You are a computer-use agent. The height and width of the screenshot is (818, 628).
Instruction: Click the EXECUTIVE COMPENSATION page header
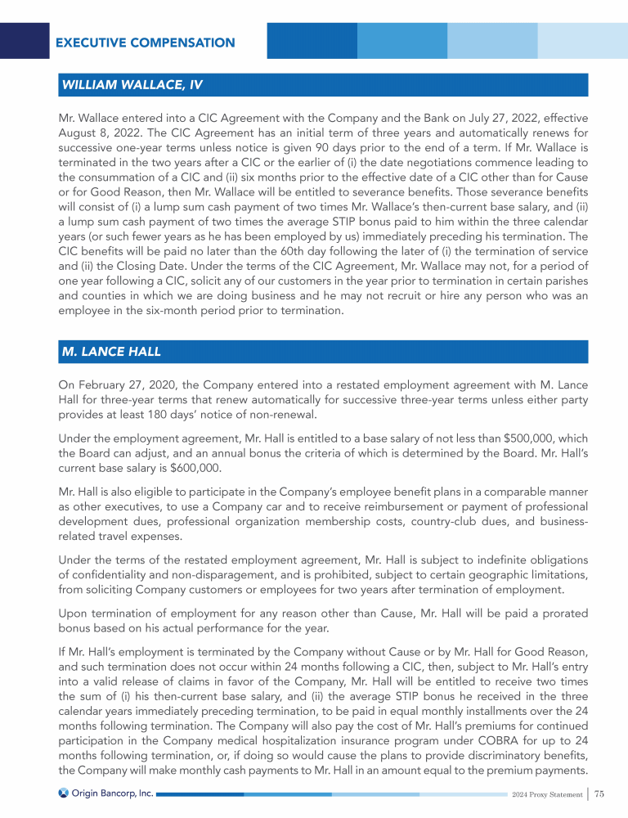point(145,43)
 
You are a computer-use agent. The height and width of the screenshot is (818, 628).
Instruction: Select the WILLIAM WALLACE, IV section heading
point(132,85)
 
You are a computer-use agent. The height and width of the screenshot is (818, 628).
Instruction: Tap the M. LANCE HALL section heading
point(111,352)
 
